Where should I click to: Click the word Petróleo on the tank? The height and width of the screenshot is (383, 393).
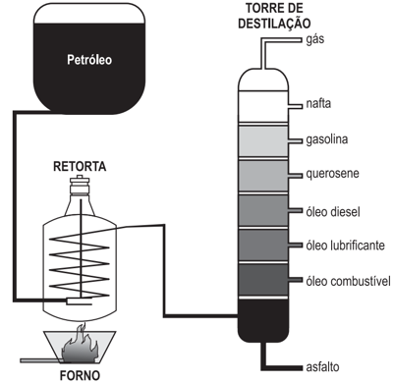[89, 60]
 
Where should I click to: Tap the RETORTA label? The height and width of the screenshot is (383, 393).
[80, 166]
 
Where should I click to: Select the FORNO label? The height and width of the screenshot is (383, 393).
[80, 375]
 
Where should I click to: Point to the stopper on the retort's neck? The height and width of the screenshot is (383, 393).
[80, 181]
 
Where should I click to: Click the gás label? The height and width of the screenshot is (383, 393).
[315, 39]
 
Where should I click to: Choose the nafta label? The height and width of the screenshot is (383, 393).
[318, 103]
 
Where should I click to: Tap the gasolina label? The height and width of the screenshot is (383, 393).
[327, 139]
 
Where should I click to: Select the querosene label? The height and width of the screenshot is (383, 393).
[332, 174]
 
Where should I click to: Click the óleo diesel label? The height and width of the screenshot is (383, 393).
[333, 212]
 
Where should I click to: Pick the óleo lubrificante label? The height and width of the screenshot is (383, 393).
[345, 245]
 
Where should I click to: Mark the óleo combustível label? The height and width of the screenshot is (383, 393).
[348, 281]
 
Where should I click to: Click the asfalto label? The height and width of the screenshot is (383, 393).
[322, 367]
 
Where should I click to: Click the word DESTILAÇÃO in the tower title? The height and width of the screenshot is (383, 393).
[274, 24]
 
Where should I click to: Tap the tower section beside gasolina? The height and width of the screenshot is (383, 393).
[263, 141]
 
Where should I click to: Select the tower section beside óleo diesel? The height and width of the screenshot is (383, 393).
[263, 210]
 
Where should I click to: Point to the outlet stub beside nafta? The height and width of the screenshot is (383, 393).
[295, 106]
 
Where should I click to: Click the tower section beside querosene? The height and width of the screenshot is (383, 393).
[263, 176]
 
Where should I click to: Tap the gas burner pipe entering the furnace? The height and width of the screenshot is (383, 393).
[40, 360]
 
